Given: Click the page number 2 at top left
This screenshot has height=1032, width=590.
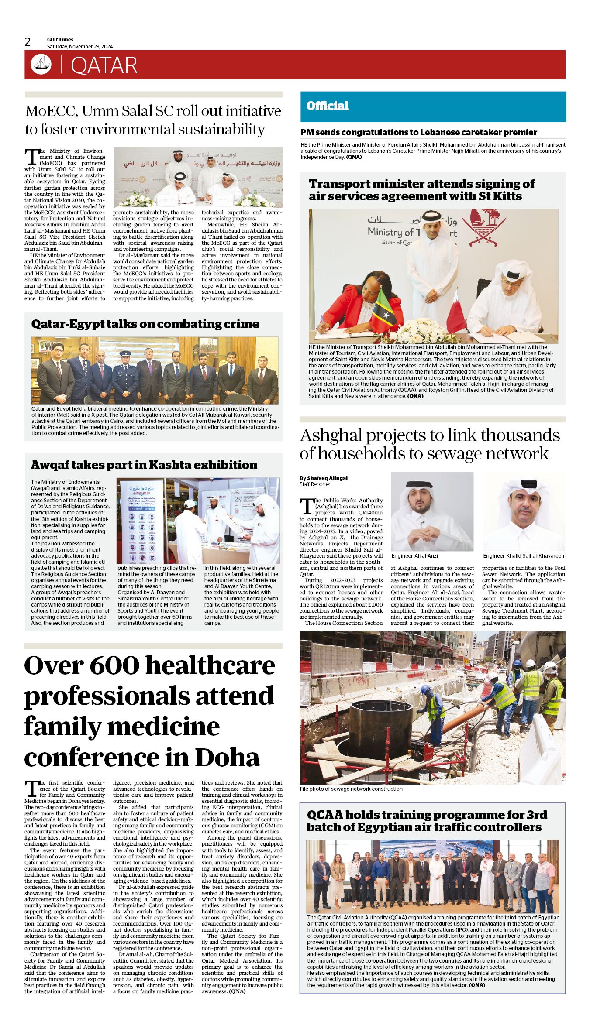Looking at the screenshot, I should coord(28,42).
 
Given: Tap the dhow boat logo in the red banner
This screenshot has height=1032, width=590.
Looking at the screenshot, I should coord(41,65).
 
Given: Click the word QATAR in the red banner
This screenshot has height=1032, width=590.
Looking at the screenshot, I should coord(104,65).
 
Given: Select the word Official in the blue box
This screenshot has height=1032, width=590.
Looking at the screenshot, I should coord(328,106).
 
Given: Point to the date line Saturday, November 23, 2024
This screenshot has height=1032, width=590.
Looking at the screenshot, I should coord(80,47).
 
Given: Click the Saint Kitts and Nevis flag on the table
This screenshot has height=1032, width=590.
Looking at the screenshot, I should coord(386,308).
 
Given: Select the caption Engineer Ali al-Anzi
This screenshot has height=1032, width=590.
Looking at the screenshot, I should coord(414,556).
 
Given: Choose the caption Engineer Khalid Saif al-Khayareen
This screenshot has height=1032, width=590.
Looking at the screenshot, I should coord(523,556).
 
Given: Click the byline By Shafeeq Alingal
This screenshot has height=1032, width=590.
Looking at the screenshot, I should coord(324,478).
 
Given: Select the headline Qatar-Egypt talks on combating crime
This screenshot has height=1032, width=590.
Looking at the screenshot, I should coord(145,324).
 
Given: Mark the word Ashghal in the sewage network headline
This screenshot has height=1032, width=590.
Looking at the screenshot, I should coord(331,435).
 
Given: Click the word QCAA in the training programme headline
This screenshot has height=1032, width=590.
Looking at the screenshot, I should coord(325,815).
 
